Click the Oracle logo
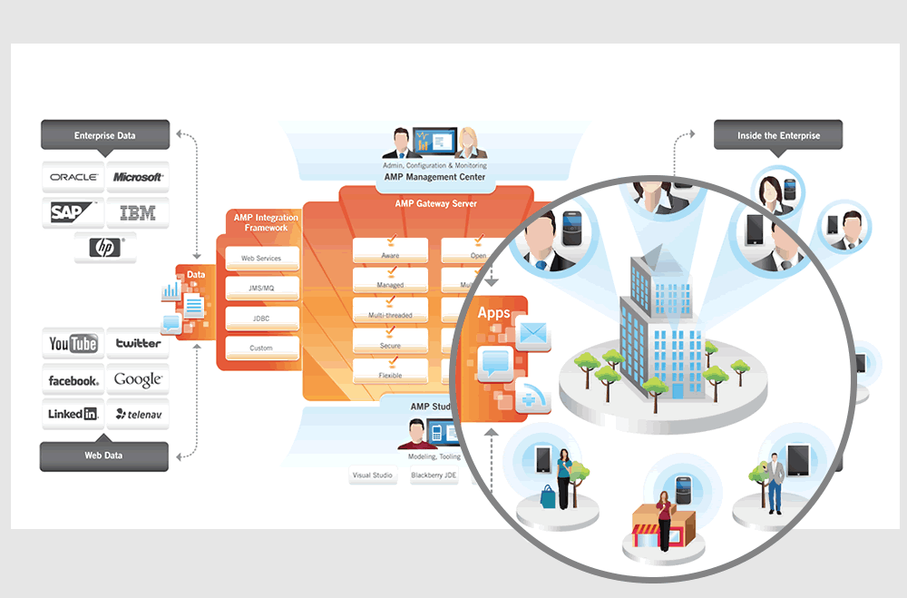click(73, 177)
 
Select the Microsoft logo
click(138, 177)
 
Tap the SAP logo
click(73, 212)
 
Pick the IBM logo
click(138, 212)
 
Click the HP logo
click(105, 248)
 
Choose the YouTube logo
click(73, 344)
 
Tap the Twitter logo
click(138, 344)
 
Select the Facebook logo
click(73, 380)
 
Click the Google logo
click(138, 380)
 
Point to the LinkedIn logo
click(73, 414)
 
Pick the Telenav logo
click(138, 414)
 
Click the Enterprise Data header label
click(104, 135)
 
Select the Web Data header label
click(104, 455)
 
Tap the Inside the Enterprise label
click(778, 135)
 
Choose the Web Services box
click(261, 259)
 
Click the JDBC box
click(261, 319)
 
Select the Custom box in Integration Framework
click(261, 348)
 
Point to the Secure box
click(390, 345)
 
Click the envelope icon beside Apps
click(532, 333)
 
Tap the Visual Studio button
click(374, 475)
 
